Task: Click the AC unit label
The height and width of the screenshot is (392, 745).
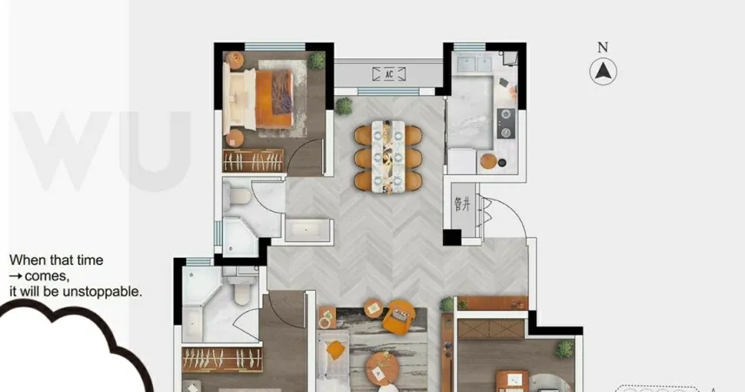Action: tap(389, 74)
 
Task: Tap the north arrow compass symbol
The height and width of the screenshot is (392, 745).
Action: tap(603, 71)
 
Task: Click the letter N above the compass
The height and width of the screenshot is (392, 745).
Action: tap(602, 47)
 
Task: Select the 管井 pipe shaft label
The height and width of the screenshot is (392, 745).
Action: tap(462, 204)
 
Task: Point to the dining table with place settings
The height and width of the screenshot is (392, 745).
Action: tap(388, 157)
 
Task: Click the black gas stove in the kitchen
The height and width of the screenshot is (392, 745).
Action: tap(506, 123)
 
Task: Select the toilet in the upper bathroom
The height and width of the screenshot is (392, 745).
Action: tap(238, 195)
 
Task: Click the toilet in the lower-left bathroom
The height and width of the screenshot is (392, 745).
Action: tap(242, 290)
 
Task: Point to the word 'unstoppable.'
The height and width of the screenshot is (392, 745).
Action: tap(102, 291)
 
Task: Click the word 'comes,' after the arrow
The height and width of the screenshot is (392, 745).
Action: tap(47, 276)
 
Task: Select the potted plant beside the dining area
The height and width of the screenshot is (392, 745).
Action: tap(344, 105)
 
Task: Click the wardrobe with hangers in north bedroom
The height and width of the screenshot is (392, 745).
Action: tap(253, 161)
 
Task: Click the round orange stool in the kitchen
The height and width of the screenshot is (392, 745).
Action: tap(488, 161)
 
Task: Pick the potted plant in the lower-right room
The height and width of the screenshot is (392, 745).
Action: tap(565, 349)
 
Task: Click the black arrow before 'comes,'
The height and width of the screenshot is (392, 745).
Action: tap(16, 276)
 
